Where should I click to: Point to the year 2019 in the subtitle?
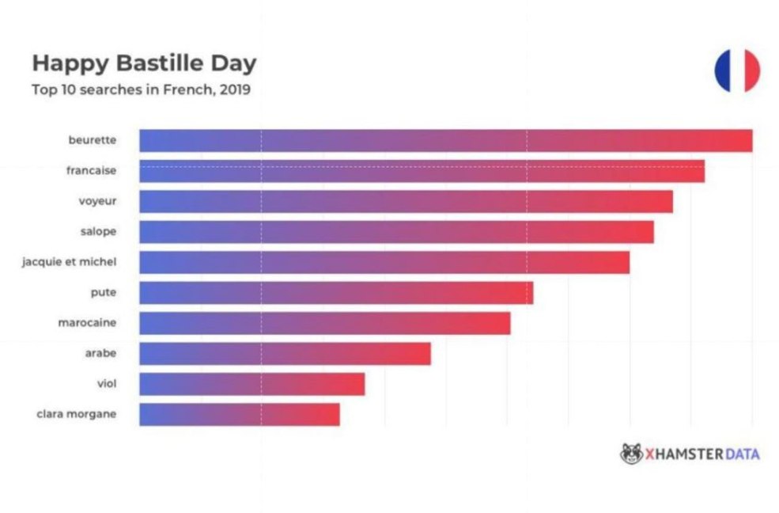[x=235, y=89]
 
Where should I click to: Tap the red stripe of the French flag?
[x=752, y=70]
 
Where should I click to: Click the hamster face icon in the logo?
[x=631, y=454]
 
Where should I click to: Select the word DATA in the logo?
[x=740, y=454]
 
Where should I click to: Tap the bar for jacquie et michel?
[x=384, y=262]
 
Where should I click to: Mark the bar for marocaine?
[x=325, y=323]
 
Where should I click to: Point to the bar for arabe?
[x=285, y=353]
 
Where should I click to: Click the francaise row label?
[x=91, y=170]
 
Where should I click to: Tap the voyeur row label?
[x=97, y=201]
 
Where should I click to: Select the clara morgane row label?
[x=77, y=413]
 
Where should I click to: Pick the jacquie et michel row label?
[x=69, y=261]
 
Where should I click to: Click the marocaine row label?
[x=87, y=322]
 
